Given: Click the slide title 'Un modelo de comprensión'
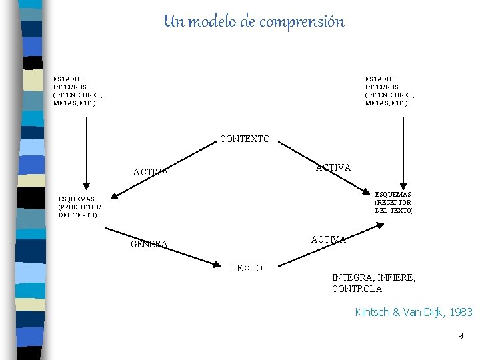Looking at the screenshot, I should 254,22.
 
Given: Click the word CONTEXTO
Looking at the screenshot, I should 245,139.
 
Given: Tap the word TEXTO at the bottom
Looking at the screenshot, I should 247,268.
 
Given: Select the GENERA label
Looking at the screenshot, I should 149,244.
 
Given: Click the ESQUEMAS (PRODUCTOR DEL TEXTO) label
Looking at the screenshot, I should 80,207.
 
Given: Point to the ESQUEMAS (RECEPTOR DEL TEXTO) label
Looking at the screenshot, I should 394,203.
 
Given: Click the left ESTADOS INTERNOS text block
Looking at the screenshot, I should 78,91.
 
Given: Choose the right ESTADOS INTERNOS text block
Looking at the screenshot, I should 389,91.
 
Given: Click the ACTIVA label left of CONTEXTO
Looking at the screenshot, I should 150,172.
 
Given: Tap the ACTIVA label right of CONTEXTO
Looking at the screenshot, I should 333,167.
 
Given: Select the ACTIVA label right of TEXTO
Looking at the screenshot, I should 328,239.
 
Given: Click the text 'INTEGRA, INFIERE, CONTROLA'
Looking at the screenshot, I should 373,283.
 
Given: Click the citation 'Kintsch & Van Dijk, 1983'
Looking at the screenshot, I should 413,312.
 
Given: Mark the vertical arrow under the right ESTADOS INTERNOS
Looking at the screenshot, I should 403,150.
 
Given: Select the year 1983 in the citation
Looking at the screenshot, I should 461,312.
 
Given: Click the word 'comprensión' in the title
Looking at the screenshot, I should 301,22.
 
